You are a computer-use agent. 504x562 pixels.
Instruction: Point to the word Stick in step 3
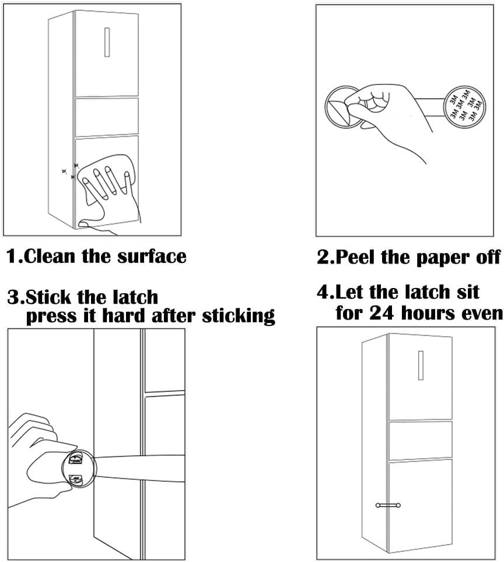52,297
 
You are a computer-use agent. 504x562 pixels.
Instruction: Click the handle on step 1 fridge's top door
107,42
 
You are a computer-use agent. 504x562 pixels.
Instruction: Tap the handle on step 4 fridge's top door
421,366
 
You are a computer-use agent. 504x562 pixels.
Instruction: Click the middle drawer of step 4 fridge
419,438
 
